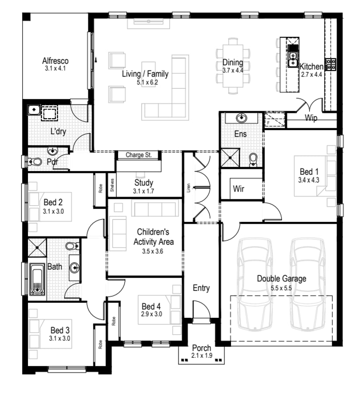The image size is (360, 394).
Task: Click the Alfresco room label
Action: pyautogui.click(x=55, y=61)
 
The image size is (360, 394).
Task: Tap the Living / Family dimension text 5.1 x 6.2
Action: pyautogui.click(x=145, y=82)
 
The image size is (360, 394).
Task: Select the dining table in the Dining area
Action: pyautogui.click(x=233, y=66)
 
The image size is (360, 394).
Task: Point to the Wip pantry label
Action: pyautogui.click(x=311, y=118)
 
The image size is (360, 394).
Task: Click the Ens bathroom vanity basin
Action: pyautogui.click(x=241, y=118)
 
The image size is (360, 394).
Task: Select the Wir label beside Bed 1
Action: pyautogui.click(x=238, y=189)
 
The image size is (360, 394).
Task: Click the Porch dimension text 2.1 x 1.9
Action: pyautogui.click(x=202, y=355)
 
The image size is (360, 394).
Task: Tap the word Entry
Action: pyautogui.click(x=201, y=288)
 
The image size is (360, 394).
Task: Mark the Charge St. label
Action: pyautogui.click(x=138, y=155)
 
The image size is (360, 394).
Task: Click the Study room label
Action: pyautogui.click(x=144, y=183)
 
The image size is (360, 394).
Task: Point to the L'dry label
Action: pyautogui.click(x=58, y=131)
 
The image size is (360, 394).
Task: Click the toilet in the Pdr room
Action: pyautogui.click(x=36, y=162)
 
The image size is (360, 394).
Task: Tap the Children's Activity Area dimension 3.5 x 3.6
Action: pyautogui.click(x=152, y=251)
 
